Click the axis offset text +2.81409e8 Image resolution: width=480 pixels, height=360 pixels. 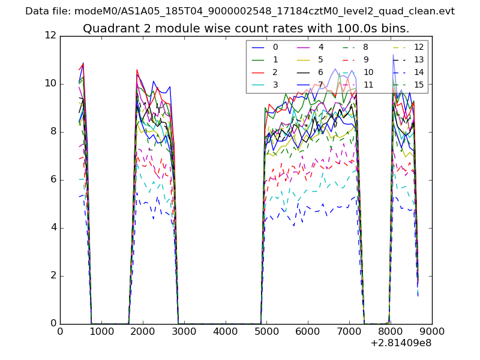(400, 343)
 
